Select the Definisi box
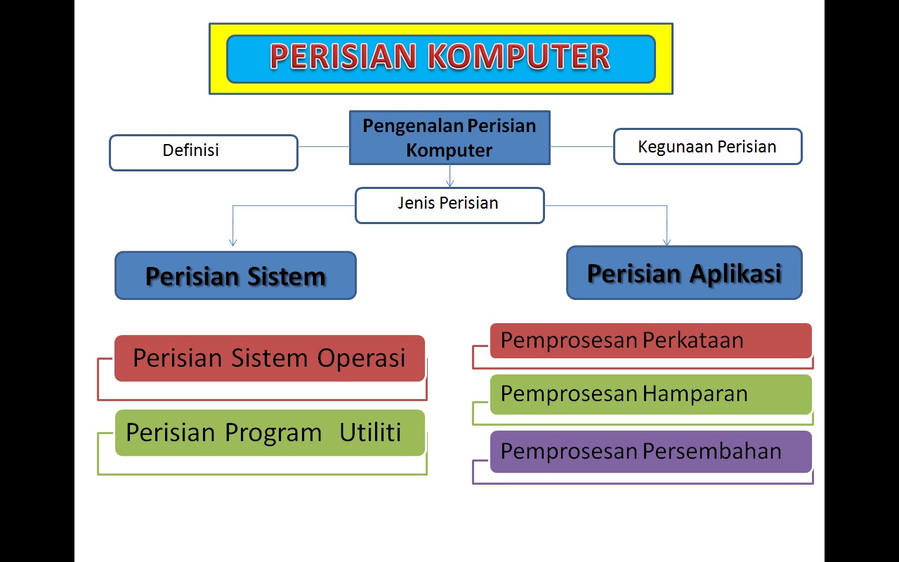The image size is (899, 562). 204,152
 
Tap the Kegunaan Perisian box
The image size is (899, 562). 707,147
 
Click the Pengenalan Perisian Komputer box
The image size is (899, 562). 449,138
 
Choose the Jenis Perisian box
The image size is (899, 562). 449,205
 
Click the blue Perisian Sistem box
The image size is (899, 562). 235,275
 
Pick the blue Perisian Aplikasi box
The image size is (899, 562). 684,273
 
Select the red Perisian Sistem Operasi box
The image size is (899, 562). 270,358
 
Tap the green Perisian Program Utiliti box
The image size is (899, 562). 270,433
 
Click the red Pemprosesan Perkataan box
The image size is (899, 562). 650,341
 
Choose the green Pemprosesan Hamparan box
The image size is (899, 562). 650,394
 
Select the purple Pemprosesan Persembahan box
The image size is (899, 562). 650,451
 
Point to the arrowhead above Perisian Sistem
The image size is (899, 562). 232,242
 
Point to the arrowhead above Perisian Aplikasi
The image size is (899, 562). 667,242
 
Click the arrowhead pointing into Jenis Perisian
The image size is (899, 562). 450,183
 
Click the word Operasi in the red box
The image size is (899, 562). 361,358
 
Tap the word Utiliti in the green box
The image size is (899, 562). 370,433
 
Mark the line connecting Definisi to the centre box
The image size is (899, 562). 324,147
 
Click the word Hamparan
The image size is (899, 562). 695,394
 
